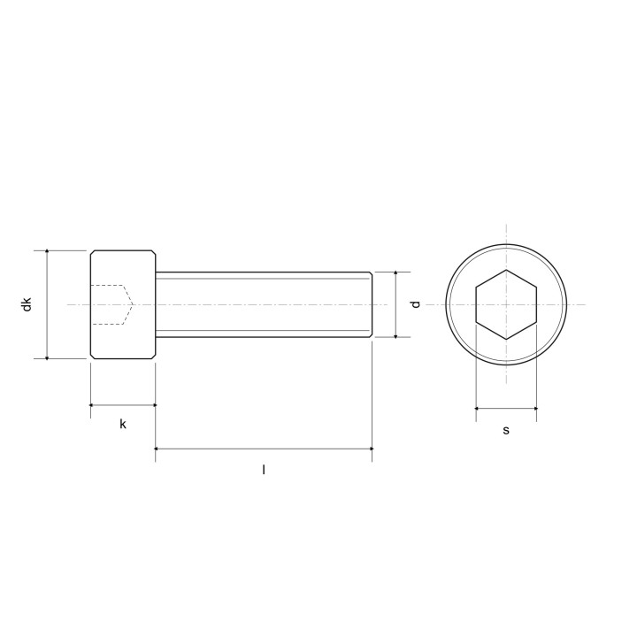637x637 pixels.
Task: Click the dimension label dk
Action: click(x=27, y=304)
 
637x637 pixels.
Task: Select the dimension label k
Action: click(x=123, y=424)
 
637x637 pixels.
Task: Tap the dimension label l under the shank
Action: click(x=264, y=470)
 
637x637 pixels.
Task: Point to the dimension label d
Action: click(x=415, y=304)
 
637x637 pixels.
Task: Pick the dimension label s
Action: click(x=506, y=430)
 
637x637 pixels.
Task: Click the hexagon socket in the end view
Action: click(x=506, y=304)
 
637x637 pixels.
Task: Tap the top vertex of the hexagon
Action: click(x=506, y=270)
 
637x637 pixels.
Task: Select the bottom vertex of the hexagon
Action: click(x=506, y=339)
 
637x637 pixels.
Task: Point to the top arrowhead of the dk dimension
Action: click(x=47, y=252)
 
